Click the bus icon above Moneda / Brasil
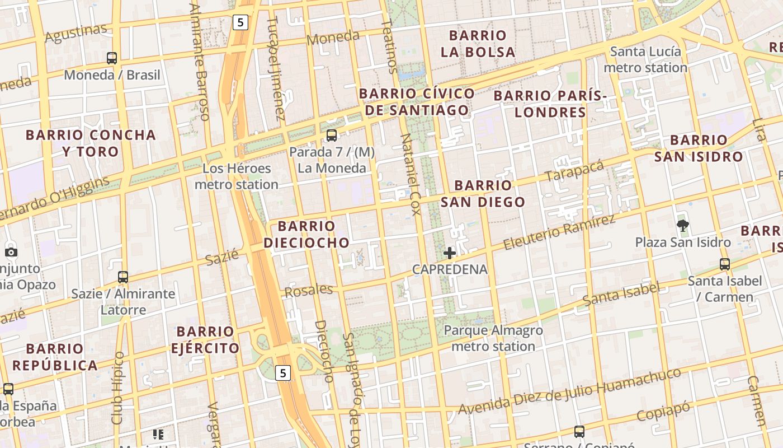click(x=112, y=58)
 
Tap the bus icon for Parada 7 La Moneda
click(x=332, y=135)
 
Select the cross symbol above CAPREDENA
click(x=450, y=253)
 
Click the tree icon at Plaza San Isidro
click(x=682, y=226)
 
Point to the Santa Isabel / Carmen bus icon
click(x=725, y=264)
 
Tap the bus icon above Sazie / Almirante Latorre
click(x=123, y=277)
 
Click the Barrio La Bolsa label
click(x=478, y=44)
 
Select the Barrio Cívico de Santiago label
click(x=417, y=102)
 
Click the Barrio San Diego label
click(x=483, y=194)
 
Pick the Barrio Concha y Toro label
click(x=91, y=143)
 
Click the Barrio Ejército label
click(x=205, y=340)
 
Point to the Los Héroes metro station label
click(x=237, y=176)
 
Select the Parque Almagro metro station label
click(x=493, y=338)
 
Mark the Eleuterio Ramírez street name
click(x=559, y=232)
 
